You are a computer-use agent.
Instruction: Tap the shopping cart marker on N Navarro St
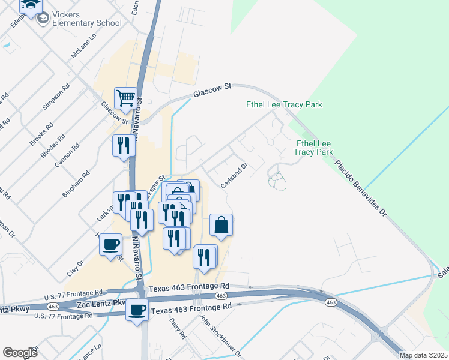pos(125,98)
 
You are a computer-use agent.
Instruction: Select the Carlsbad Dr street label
pos(235,176)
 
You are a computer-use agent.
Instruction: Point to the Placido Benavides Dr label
pos(361,190)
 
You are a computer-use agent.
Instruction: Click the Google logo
pos(20,353)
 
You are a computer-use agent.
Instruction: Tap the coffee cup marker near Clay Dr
pos(111,245)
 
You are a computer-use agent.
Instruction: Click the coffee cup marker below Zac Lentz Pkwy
pos(137,310)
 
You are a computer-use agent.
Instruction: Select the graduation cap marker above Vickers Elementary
pos(31,5)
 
